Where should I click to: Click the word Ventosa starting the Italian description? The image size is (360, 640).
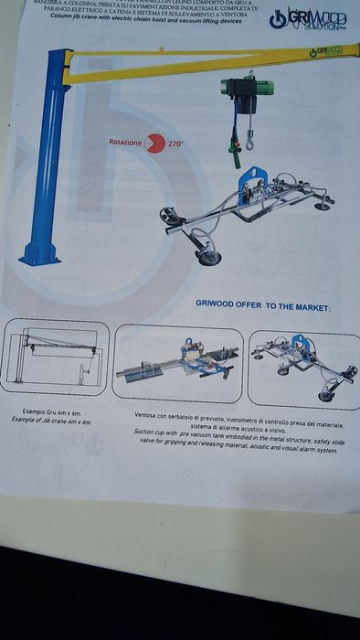(x=148, y=413)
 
